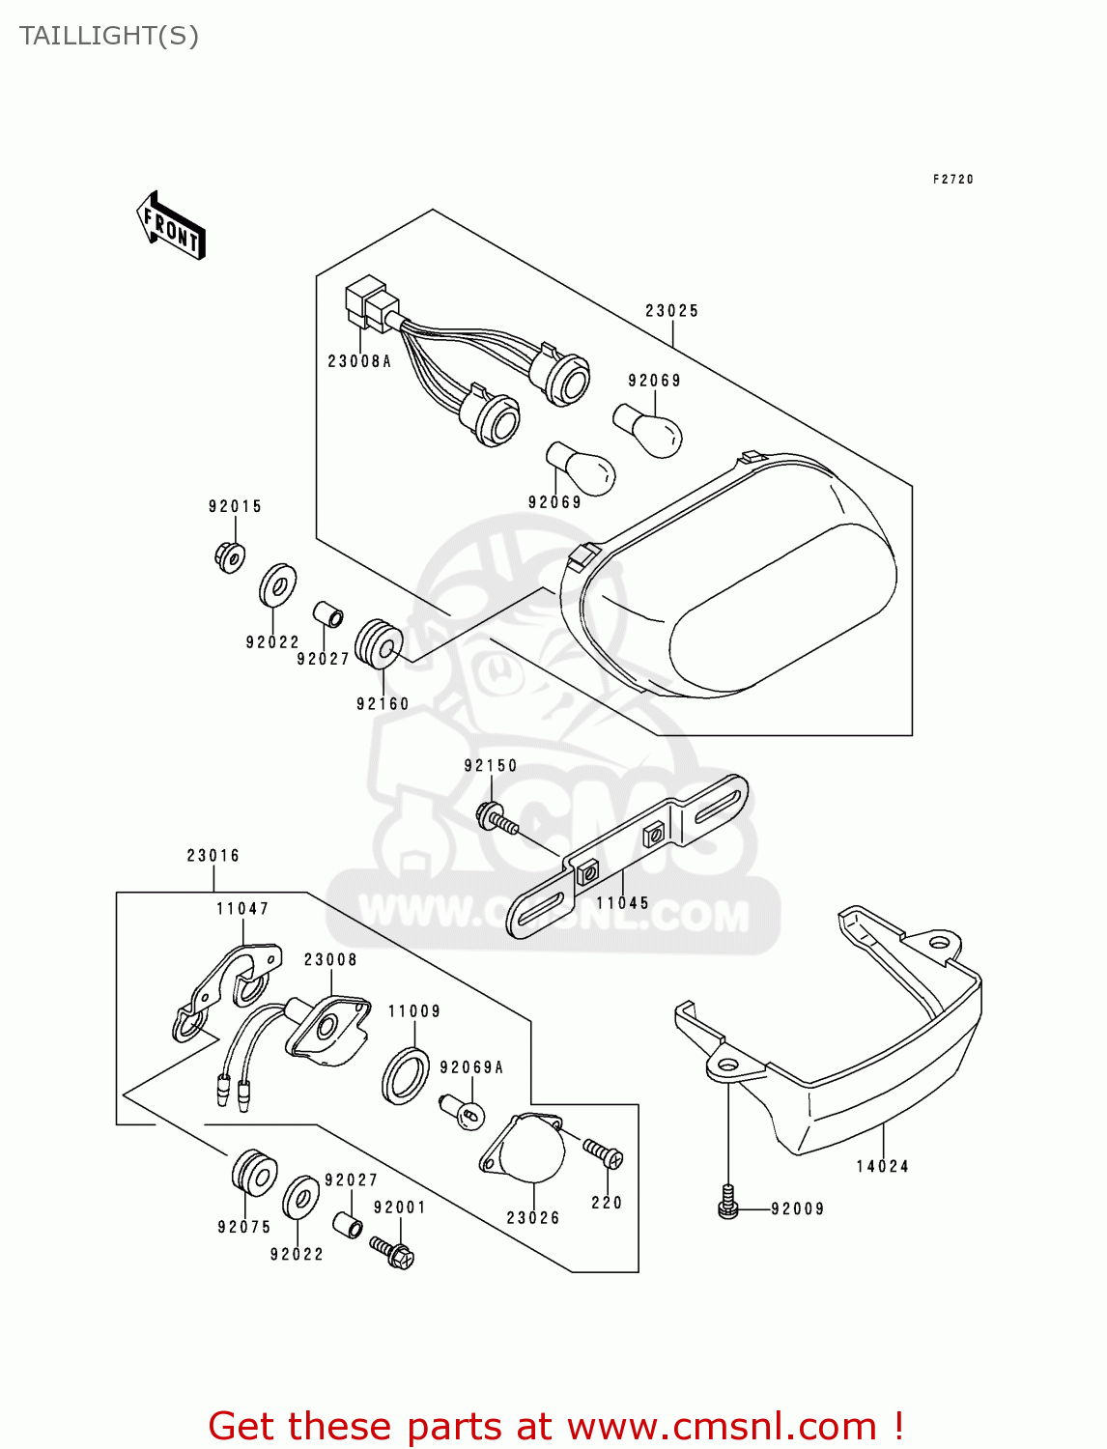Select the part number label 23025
pos(671,311)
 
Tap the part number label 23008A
pos(359,361)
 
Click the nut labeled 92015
pos(230,557)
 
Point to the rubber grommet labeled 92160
pos(379,643)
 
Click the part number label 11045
pos(622,903)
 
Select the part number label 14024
pos(882,1166)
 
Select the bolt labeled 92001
pos(392,1252)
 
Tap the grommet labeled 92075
pos(254,1174)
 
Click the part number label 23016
pos(213,856)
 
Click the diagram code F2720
pos(952,180)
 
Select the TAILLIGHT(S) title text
pos(109,36)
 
